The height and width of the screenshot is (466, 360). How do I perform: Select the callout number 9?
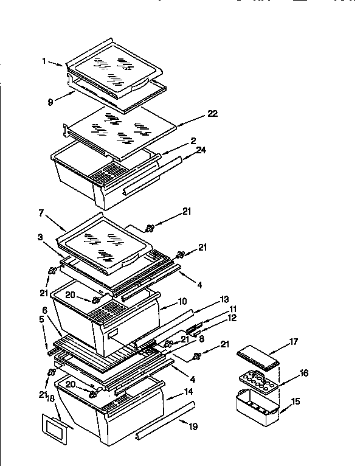point(51,102)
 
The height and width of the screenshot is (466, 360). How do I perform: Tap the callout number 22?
point(212,113)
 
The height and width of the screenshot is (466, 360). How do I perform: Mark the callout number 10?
point(182,301)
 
